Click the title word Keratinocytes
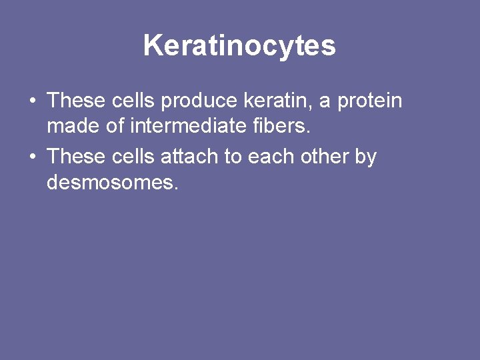coord(239,46)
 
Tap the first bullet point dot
coord(32,102)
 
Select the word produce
coord(199,101)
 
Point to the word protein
coord(369,101)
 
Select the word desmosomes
coord(113,181)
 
